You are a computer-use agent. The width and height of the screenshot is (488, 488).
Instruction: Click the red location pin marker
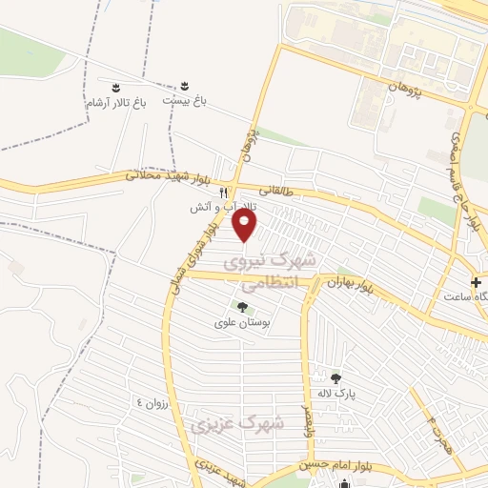click(x=246, y=225)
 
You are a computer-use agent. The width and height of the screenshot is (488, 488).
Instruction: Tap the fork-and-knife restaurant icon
click(x=223, y=192)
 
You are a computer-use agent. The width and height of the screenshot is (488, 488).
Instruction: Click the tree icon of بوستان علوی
click(x=242, y=307)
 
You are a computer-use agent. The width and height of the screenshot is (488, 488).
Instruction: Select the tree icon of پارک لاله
click(x=335, y=377)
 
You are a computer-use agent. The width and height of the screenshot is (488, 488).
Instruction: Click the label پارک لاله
click(x=335, y=393)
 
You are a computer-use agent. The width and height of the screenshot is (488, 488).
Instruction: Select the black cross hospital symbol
click(x=477, y=282)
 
